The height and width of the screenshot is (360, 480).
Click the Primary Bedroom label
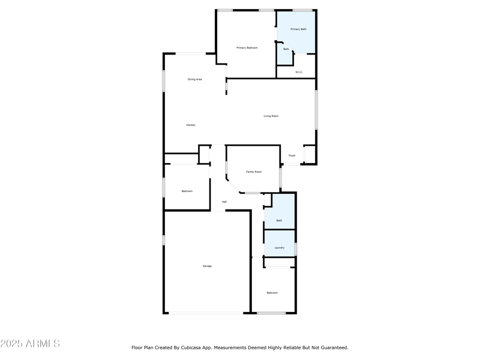tap(247, 47)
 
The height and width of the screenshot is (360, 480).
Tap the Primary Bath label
tap(298, 29)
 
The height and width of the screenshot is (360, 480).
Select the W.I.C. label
tap(299, 73)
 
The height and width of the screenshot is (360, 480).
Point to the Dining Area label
tap(194, 79)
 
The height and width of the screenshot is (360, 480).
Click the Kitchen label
tap(190, 125)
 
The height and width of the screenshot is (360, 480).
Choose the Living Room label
tap(271, 116)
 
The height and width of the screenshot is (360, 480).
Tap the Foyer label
tap(292, 155)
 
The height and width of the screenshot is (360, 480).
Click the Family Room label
tap(254, 172)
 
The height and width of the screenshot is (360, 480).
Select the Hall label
tap(224, 202)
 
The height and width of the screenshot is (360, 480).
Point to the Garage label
tap(206, 266)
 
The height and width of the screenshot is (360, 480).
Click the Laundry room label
tap(280, 247)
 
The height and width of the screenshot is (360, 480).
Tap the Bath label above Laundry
tap(279, 221)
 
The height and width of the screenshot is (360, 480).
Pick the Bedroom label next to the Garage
tap(272, 293)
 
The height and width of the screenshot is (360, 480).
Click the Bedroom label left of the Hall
tap(187, 191)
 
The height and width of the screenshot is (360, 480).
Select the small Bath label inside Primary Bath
tap(286, 49)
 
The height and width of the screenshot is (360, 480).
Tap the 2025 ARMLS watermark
tap(30, 344)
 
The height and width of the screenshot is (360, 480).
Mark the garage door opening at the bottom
tap(206, 313)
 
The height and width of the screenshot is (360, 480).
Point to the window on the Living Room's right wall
tap(316, 109)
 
